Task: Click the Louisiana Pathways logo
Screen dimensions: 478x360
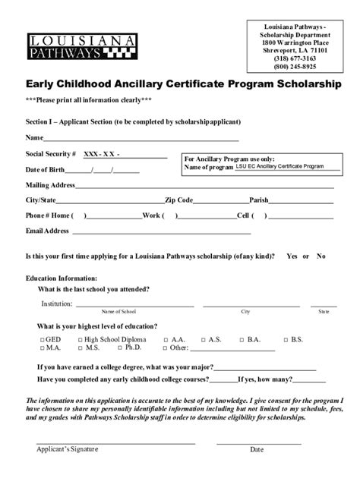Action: [82, 47]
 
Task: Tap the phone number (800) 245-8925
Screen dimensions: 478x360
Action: [295, 66]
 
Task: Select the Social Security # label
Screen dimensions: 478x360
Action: [51, 154]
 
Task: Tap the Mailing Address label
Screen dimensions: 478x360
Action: [51, 185]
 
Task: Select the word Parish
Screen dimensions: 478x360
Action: [260, 201]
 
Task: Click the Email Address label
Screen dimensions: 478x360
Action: [48, 231]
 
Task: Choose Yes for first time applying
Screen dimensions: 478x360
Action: [292, 256]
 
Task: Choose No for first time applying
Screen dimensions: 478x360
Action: [321, 256]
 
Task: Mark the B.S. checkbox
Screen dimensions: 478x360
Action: [285, 340]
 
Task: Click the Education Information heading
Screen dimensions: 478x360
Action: [62, 278]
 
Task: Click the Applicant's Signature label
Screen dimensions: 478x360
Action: [68, 449]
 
